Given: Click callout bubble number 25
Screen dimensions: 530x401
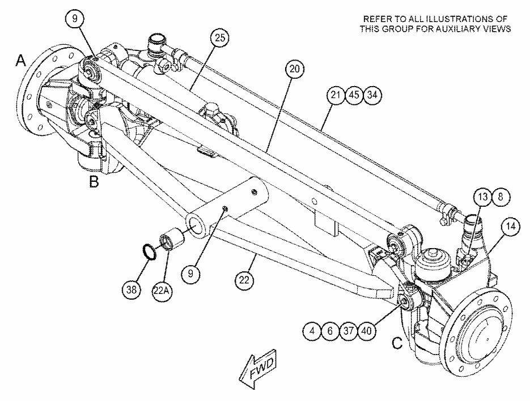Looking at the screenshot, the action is [x=220, y=38].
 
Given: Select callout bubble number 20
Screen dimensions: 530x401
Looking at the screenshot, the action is [x=295, y=69].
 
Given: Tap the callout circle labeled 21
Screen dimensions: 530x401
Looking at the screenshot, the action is [x=336, y=95].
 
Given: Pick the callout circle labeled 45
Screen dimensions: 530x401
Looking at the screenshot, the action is [x=354, y=95].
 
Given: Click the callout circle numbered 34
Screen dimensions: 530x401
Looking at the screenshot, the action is [x=372, y=95].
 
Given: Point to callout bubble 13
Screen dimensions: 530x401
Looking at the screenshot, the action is [x=483, y=197].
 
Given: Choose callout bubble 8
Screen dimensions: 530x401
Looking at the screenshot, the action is [x=501, y=197].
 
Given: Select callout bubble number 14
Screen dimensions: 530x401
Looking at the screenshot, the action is [x=511, y=227].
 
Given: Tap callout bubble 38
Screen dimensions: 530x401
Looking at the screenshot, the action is [x=132, y=289].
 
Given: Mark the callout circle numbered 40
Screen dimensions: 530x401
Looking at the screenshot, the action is [x=366, y=331].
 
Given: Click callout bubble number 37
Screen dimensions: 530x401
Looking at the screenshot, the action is [x=348, y=331].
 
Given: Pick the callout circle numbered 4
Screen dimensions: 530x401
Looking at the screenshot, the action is [x=312, y=331].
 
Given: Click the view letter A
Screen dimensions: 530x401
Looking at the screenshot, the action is [x=21, y=61].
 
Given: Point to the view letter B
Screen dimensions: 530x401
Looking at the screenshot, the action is [x=94, y=182].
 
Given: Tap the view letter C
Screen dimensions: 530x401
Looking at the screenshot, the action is [x=397, y=344].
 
